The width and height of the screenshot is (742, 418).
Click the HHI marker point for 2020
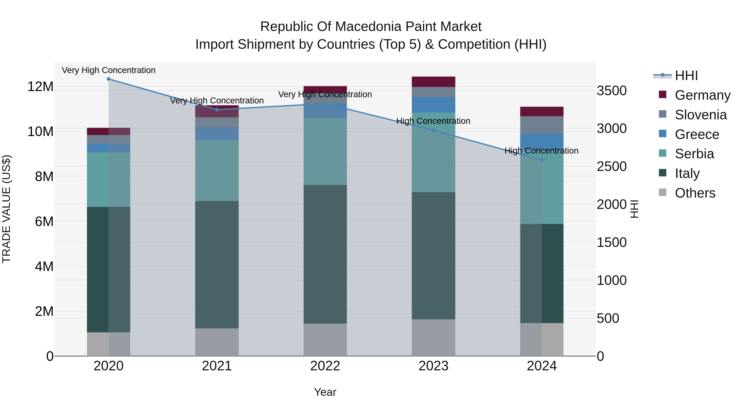pos(109,79)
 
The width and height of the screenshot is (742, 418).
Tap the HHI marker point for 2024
pos(542,160)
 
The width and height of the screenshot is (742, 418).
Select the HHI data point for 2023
pos(433,130)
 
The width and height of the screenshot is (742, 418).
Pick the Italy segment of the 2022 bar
pos(325,254)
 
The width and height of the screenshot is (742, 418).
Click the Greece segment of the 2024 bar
pos(542,141)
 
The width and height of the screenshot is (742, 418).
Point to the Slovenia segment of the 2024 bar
pos(542,125)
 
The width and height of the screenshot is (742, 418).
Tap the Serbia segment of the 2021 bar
pos(217,171)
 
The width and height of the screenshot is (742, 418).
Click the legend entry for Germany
pos(703,95)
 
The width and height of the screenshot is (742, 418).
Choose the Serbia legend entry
pos(694,154)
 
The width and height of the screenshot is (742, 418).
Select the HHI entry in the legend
pos(686,76)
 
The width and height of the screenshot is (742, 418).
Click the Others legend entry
pos(695,193)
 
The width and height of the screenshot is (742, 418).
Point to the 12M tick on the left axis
pos(40,86)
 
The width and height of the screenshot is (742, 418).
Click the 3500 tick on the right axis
pos(612,91)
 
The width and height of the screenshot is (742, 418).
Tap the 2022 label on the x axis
pos(325,366)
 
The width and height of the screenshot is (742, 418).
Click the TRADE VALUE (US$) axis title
pos(7,209)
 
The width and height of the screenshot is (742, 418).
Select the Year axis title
pos(325,392)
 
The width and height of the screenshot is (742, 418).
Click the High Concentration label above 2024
pos(541,151)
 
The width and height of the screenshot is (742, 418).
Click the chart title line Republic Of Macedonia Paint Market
pos(371,27)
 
